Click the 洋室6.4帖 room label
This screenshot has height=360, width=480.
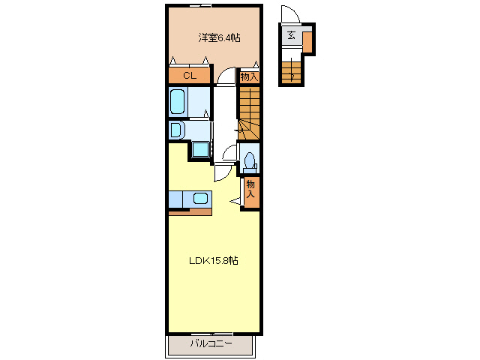pyautogui.click(x=219, y=38)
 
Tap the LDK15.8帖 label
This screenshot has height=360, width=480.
pyautogui.click(x=213, y=260)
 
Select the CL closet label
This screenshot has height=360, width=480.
pyautogui.click(x=190, y=75)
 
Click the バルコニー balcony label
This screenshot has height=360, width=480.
pyautogui.click(x=211, y=343)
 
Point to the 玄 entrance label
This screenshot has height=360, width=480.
pyautogui.click(x=291, y=35)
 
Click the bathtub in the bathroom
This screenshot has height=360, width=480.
pyautogui.click(x=177, y=101)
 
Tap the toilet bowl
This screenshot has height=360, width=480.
pyautogui.click(x=250, y=160)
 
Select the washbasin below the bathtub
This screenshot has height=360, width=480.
pyautogui.click(x=177, y=130)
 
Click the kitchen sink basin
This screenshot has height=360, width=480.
pyautogui.click(x=200, y=198)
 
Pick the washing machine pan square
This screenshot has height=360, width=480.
pyautogui.click(x=200, y=149)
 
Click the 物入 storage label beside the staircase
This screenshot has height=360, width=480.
pyautogui.click(x=249, y=76)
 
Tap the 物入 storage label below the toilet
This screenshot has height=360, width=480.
pyautogui.click(x=250, y=189)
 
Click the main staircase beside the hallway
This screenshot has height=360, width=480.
pyautogui.click(x=249, y=113)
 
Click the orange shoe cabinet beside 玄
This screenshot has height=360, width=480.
pyautogui.click(x=307, y=42)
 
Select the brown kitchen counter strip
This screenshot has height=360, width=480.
pyautogui.click(x=190, y=211)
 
